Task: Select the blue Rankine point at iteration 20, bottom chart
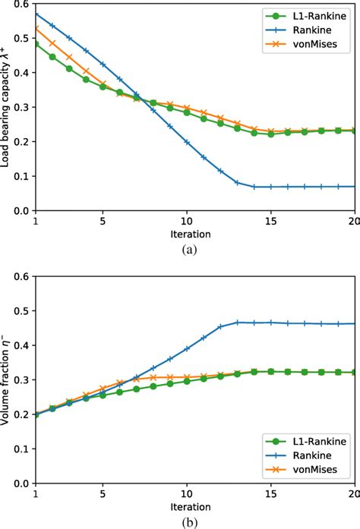coord(355,323)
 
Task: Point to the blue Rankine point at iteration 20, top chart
coord(355,186)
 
